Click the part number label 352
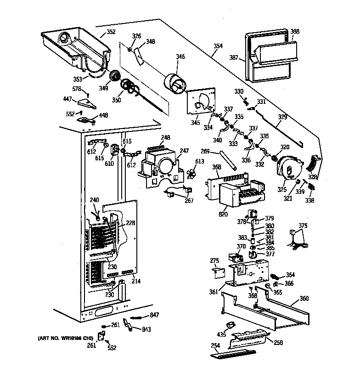(111, 32)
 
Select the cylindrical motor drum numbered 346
(174, 85)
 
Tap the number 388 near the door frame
(295, 32)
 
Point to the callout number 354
(218, 46)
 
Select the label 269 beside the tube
(205, 151)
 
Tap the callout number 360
(304, 299)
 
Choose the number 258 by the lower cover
(278, 343)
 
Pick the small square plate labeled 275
(219, 272)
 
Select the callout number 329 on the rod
(283, 118)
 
